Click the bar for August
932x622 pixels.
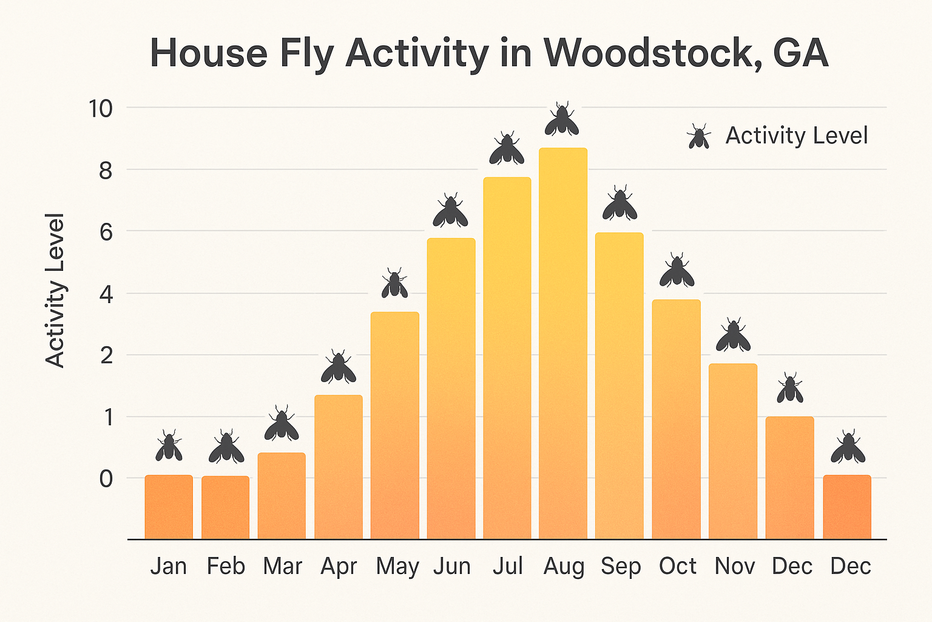click(x=563, y=343)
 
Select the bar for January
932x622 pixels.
click(x=169, y=507)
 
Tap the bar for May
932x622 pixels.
click(x=395, y=425)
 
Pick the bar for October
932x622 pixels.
click(x=676, y=419)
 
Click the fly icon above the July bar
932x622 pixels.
click(x=507, y=149)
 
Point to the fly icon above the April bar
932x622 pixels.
click(x=339, y=367)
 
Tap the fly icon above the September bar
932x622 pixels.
click(x=620, y=204)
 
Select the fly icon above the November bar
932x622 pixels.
click(x=733, y=336)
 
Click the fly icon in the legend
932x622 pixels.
click(x=698, y=137)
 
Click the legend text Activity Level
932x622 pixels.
click(x=796, y=135)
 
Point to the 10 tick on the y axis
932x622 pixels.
click(x=101, y=109)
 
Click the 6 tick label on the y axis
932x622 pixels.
click(x=106, y=232)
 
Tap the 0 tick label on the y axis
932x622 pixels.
click(x=106, y=479)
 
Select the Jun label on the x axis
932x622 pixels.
click(x=452, y=566)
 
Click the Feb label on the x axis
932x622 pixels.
click(x=226, y=566)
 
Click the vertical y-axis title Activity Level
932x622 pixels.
click(x=55, y=290)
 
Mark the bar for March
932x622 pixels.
click(x=282, y=496)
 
